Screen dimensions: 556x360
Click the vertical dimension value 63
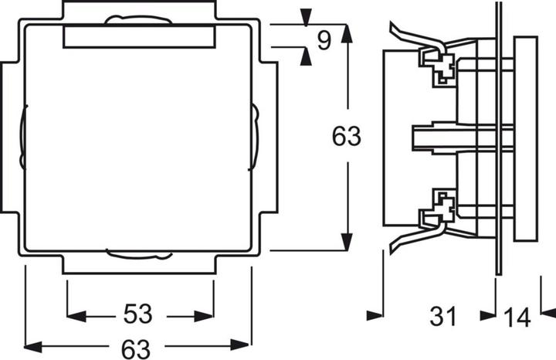click(346, 137)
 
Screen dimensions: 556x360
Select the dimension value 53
click(140, 314)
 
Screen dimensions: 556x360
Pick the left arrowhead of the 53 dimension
click(76, 314)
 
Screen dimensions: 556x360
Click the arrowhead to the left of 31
click(375, 314)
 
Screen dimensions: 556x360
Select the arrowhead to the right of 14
click(547, 312)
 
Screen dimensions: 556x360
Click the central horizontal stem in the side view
click(448, 137)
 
